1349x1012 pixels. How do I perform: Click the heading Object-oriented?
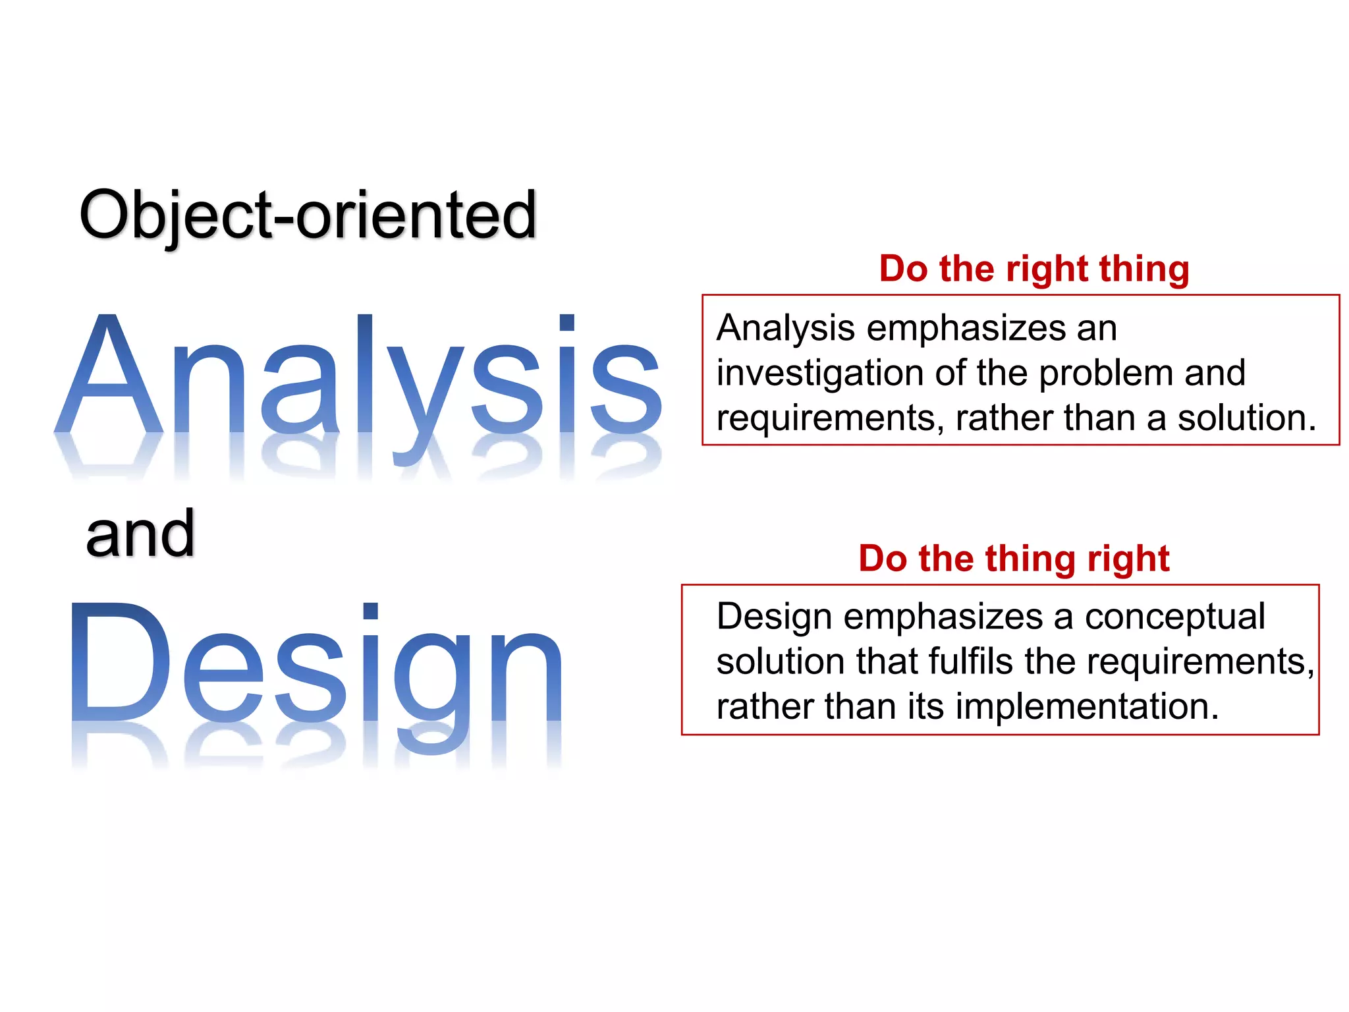[308, 215]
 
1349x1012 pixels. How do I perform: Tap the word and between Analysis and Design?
[140, 534]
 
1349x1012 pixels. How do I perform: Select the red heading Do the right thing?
[1033, 269]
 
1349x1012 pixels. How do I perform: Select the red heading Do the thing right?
[1014, 559]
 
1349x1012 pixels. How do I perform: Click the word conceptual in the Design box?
[1174, 617]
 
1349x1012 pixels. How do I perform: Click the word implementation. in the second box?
[1087, 707]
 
